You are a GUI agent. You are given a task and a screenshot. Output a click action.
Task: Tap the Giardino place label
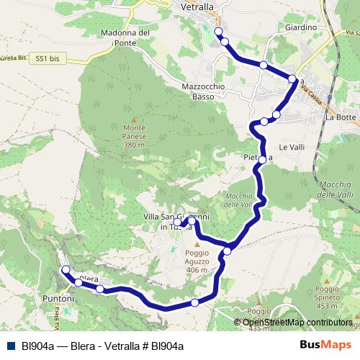click(300, 27)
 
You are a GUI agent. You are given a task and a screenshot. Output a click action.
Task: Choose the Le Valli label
click(292, 147)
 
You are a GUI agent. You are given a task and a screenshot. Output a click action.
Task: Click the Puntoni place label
click(58, 297)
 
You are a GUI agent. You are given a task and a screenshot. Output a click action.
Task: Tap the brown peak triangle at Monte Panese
click(134, 120)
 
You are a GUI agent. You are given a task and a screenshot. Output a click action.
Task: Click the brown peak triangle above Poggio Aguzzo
click(196, 245)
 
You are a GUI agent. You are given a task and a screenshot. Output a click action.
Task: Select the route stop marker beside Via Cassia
click(292, 78)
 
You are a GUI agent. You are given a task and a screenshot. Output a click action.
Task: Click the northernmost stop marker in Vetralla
click(218, 32)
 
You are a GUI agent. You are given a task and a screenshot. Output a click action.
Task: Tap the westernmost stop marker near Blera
click(66, 270)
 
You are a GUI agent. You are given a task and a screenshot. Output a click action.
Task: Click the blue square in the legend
click(10, 346)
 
